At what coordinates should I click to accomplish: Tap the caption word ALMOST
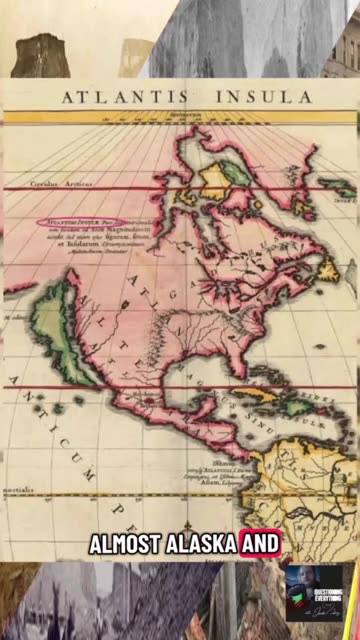tap(127, 545)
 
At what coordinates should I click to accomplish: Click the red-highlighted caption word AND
tap(262, 545)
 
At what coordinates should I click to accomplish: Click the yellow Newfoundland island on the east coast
tap(327, 268)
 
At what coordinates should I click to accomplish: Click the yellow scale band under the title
tap(180, 117)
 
